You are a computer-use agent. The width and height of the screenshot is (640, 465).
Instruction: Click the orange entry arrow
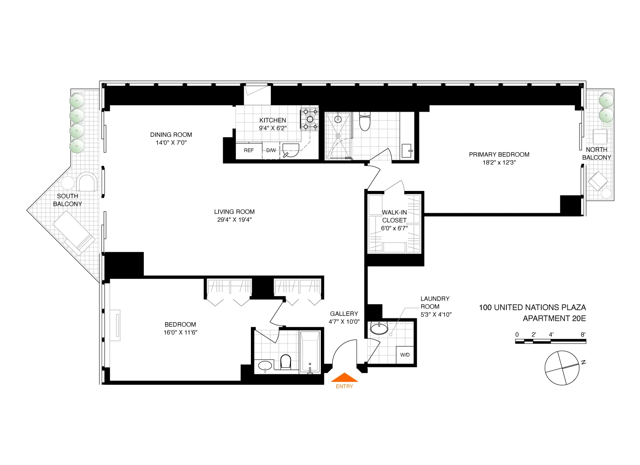tap(344, 378)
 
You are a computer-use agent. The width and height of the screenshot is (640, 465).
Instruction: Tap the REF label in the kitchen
tap(249, 150)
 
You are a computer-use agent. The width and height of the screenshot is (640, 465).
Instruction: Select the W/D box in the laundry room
tap(405, 355)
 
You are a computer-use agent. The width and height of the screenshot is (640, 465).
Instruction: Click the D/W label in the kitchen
tap(271, 150)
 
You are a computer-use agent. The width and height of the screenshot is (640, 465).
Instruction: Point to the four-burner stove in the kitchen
tap(310, 119)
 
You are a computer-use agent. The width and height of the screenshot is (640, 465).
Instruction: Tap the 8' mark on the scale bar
tap(583, 335)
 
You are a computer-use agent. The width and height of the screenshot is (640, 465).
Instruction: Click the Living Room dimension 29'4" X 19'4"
tap(234, 220)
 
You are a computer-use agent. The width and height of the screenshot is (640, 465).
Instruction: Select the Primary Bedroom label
tap(499, 154)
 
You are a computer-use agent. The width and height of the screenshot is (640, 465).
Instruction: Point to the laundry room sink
tap(379, 329)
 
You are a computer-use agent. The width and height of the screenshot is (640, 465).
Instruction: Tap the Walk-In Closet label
tap(394, 216)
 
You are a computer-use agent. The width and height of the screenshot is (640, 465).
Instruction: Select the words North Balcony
tap(596, 153)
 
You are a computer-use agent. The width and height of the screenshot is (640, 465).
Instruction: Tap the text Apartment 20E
tap(554, 318)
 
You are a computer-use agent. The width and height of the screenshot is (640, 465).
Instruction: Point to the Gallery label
tap(344, 314)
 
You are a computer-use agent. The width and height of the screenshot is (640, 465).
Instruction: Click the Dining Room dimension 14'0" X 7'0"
tap(171, 143)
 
